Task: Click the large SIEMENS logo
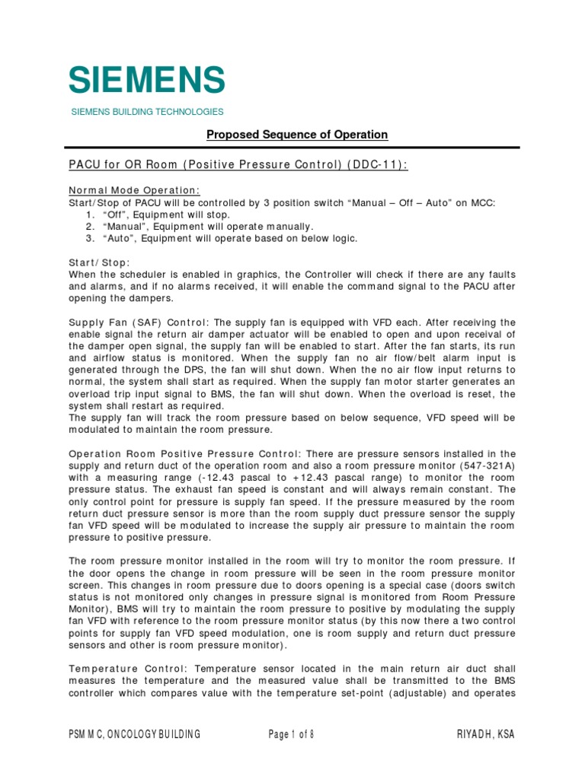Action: point(147,80)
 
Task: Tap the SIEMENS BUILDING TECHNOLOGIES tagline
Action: point(147,112)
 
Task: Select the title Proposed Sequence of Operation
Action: point(298,135)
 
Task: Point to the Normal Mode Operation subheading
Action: point(135,189)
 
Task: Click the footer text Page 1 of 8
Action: point(291,734)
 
